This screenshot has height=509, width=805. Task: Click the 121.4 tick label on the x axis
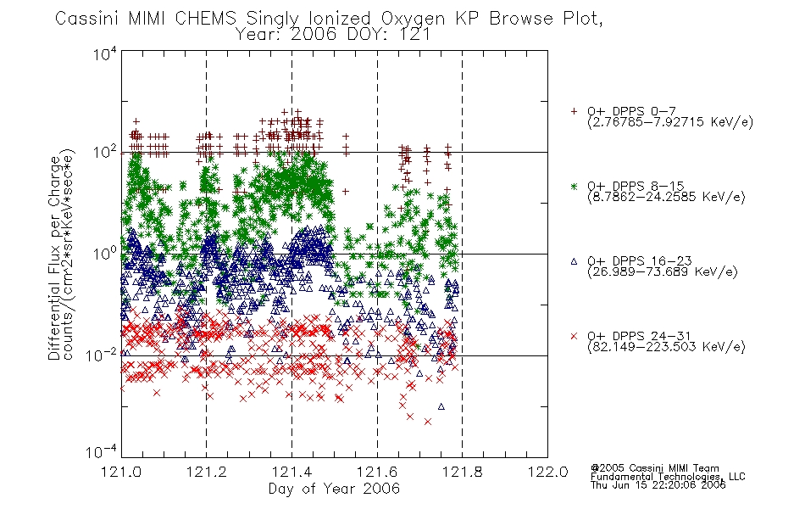[291, 472]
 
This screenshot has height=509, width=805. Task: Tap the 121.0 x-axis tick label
[121, 472]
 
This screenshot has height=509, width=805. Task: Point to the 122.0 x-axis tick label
[547, 472]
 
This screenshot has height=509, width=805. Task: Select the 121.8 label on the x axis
[462, 472]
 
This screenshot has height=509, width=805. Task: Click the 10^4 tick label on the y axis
[105, 53]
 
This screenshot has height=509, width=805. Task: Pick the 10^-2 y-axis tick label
[102, 355]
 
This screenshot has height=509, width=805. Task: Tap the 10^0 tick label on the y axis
[105, 254]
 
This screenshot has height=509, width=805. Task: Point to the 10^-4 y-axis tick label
[102, 451]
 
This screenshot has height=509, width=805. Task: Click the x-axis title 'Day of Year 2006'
[334, 489]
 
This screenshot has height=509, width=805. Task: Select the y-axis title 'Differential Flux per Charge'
[54, 258]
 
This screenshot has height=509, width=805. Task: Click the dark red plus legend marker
[574, 111]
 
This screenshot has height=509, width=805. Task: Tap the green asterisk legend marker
[574, 186]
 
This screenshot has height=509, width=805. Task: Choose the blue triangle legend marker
[574, 261]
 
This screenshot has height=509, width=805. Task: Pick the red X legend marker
[574, 336]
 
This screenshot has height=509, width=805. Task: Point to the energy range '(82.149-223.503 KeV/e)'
[666, 346]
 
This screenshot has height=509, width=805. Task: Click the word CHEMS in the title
[205, 19]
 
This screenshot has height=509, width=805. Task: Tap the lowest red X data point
[428, 422]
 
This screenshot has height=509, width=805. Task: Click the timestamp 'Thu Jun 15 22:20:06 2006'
[658, 485]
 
